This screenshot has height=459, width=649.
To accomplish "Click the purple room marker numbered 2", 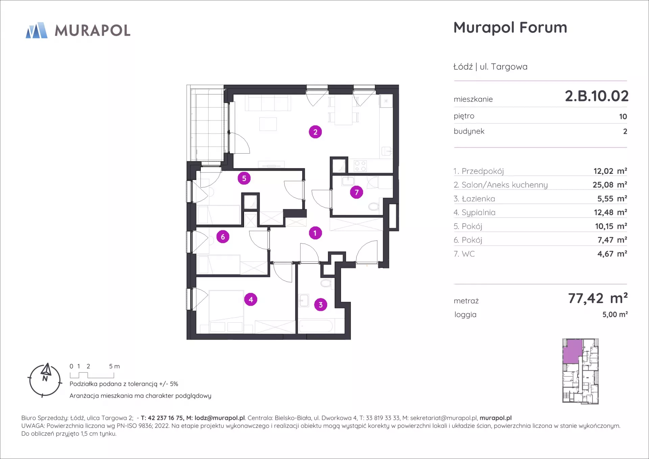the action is click(x=315, y=132).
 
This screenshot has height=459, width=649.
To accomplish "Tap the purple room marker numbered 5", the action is click(x=244, y=178).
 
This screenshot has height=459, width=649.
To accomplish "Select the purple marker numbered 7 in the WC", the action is click(x=357, y=192).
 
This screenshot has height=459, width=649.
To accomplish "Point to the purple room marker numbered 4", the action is click(x=251, y=299).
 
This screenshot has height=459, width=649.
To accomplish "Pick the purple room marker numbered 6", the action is click(x=223, y=237).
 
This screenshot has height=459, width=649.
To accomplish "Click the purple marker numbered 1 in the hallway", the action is click(x=315, y=233).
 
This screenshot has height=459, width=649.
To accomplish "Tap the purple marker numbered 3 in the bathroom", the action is click(x=321, y=305).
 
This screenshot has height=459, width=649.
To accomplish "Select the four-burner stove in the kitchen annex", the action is click(x=360, y=166).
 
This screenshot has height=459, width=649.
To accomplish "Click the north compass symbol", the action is click(x=45, y=380).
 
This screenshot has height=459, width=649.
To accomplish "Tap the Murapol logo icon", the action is click(x=37, y=30).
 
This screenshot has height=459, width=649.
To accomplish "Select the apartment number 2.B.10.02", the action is click(x=597, y=96).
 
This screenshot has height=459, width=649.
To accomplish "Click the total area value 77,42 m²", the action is click(x=598, y=298).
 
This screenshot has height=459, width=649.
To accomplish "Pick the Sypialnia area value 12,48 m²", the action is click(x=610, y=212).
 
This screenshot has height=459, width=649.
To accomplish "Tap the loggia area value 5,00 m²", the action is click(x=615, y=315).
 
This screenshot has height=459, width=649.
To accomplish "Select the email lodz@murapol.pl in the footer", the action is click(x=220, y=418).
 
